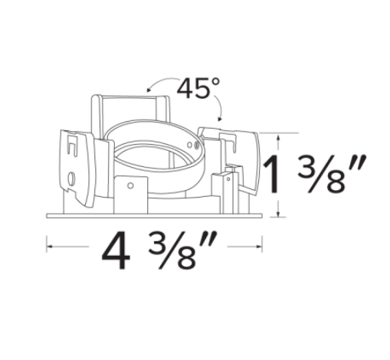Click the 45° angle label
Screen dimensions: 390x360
(198, 88)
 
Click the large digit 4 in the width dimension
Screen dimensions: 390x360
(116, 250)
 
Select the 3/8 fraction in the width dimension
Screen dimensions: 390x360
(172, 250)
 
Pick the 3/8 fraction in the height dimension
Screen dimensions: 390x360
(322, 174)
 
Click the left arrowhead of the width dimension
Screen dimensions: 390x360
(49, 247)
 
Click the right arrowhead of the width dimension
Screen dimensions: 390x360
(259, 247)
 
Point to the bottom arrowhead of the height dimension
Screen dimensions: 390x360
(279, 214)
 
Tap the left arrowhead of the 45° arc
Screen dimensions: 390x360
(149, 90)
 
